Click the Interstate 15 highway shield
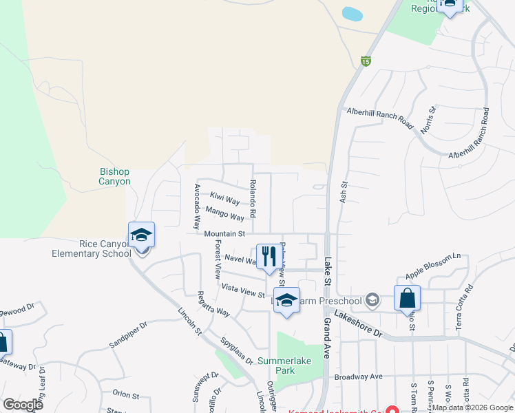click(x=366, y=61)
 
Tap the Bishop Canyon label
click(x=114, y=176)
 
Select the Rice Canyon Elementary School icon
click(x=141, y=235)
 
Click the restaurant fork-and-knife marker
click(x=269, y=257)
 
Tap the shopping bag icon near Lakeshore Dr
click(x=407, y=298)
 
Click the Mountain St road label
click(x=224, y=234)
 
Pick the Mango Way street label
click(x=224, y=213)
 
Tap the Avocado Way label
click(x=197, y=206)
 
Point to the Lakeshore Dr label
click(x=357, y=323)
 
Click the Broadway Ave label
click(x=358, y=377)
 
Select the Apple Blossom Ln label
click(x=432, y=265)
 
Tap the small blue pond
click(x=352, y=14)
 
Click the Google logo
click(x=23, y=404)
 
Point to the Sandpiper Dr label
click(x=128, y=335)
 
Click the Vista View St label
click(x=242, y=290)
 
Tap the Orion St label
click(x=126, y=396)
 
